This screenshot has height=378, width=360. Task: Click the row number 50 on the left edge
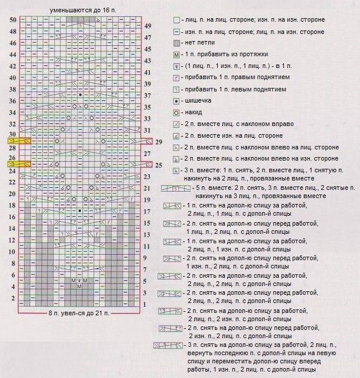tap(12, 20)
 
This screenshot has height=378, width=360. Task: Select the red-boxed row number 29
tap(159, 141)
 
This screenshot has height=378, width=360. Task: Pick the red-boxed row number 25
tap(159, 165)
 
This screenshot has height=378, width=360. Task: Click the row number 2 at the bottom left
tap(12, 298)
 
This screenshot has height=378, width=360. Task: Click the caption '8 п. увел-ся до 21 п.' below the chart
tap(79, 314)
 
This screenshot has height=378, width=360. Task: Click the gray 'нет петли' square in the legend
tap(176, 43)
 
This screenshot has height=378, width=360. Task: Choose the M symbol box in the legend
tap(176, 55)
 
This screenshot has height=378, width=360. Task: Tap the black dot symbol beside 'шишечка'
tap(176, 100)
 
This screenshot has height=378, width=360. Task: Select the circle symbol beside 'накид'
tap(176, 112)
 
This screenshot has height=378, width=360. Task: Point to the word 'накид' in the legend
tap(194, 112)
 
